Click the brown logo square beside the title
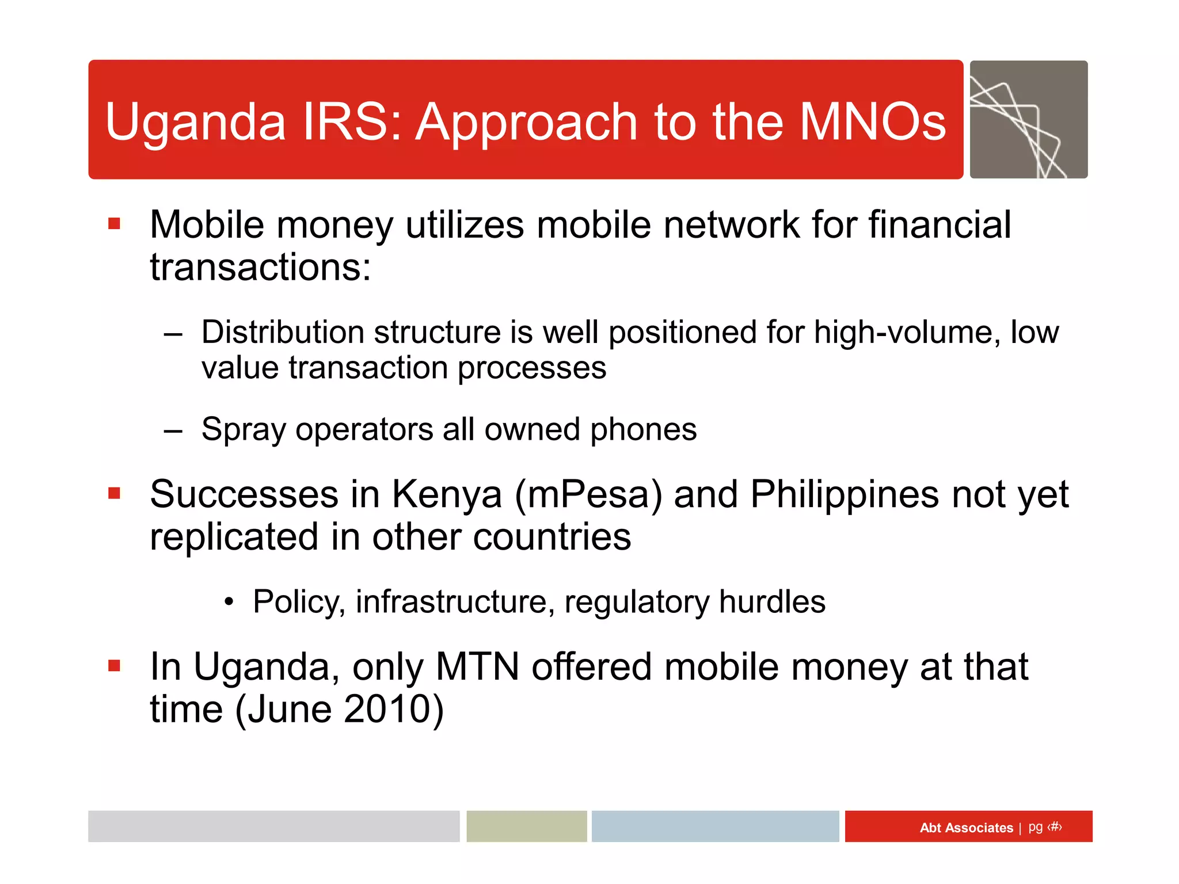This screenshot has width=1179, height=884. [1028, 120]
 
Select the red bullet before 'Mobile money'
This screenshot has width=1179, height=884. [115, 223]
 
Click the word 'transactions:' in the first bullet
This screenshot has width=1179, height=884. [260, 268]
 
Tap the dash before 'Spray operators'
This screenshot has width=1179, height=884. [173, 430]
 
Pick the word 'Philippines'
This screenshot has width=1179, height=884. [845, 494]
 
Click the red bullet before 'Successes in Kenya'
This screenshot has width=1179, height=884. [115, 493]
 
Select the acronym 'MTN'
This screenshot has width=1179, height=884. [477, 666]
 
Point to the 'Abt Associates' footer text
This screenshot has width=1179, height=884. [965, 828]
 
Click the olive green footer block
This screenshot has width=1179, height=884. [526, 826]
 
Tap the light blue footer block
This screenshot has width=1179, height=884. [714, 826]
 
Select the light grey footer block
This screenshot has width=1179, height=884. [273, 826]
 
